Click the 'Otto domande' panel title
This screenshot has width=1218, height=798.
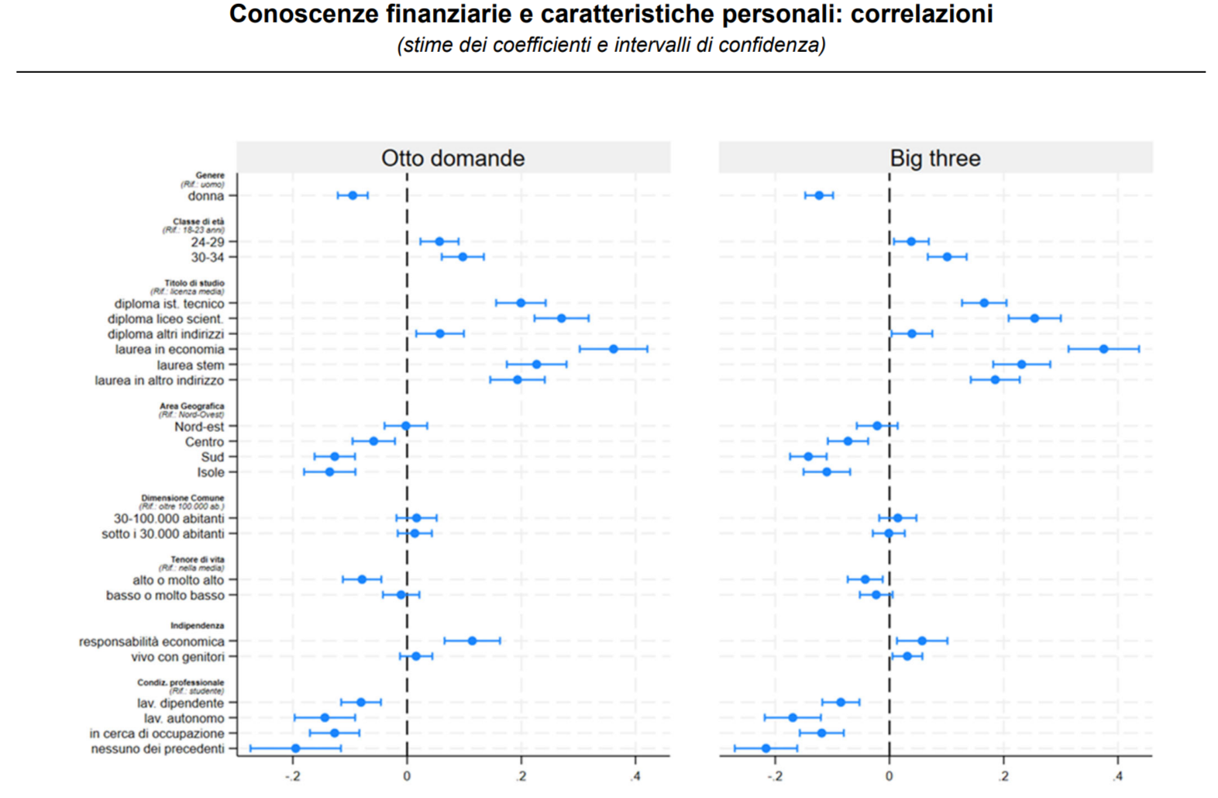coord(452,158)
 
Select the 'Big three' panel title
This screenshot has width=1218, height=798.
coord(934,158)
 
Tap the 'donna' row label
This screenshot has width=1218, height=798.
coord(205,196)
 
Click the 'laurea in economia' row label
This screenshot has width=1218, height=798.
coord(169,350)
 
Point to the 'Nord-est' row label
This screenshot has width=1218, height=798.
coord(199,427)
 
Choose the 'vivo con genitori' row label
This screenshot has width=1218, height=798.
coord(177,657)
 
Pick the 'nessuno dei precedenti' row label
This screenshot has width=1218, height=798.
coord(157,749)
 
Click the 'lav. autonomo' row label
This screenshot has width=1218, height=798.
coord(184,719)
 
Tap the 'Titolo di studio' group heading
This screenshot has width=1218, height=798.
coord(194,283)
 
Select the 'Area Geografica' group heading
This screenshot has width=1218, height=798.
coord(191,406)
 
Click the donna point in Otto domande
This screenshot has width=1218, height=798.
coord(353,195)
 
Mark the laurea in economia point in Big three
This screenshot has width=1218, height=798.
coord(1103,349)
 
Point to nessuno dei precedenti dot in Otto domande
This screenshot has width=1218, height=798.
coord(295,748)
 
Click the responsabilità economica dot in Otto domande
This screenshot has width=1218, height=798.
coord(472,641)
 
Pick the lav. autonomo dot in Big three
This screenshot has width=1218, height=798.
coord(793,717)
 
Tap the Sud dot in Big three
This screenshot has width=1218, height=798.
coord(808,457)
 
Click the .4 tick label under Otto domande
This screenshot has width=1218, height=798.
coord(635,776)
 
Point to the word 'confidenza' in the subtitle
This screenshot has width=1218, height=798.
coord(771,45)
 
